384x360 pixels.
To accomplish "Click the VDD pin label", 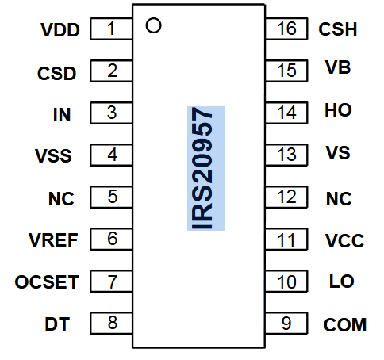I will coord(60,31).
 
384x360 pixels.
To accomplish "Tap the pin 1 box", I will coord(111,29).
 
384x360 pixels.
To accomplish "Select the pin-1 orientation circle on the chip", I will coord(154,26).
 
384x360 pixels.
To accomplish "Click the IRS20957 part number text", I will coord(205,168).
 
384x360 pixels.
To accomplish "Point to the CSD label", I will coord(57,74).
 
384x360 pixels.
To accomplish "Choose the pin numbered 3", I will coord(111,113).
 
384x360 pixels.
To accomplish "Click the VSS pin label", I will coord(54,155).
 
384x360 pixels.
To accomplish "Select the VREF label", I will coord(52,240).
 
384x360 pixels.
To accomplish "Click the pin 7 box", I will coord(111,281).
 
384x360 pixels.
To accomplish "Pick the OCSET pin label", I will coord(47,282).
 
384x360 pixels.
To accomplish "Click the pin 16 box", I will coord(286,29).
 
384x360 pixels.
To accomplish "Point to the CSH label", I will coord(338,30).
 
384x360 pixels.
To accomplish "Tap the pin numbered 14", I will coord(286,112).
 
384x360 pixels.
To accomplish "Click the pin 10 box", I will coord(286,281).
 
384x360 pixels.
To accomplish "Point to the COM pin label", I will coord(345,324).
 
